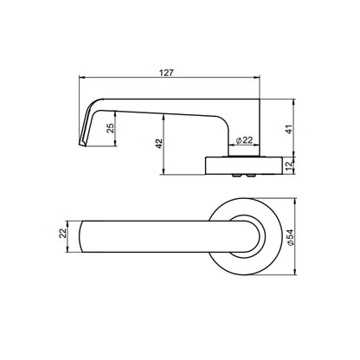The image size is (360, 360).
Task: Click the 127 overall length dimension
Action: pyautogui.click(x=166, y=73)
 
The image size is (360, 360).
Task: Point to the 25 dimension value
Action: pyautogui.click(x=110, y=128)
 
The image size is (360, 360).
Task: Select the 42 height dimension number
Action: pyautogui.click(x=159, y=144)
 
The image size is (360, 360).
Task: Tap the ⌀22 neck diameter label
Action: pyautogui.click(x=244, y=140)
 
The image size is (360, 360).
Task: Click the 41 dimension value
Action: pyautogui.click(x=289, y=129)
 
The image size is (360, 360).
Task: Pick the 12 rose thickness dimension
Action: pyautogui.click(x=289, y=165)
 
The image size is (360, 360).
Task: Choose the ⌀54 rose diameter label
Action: pyautogui.click(x=291, y=237)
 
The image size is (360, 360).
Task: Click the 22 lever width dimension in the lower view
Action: pyautogui.click(x=62, y=233)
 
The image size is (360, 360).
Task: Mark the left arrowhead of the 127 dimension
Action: pyautogui.click(x=82, y=77)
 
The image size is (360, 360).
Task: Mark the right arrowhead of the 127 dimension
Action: pyautogui.click(x=256, y=77)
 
